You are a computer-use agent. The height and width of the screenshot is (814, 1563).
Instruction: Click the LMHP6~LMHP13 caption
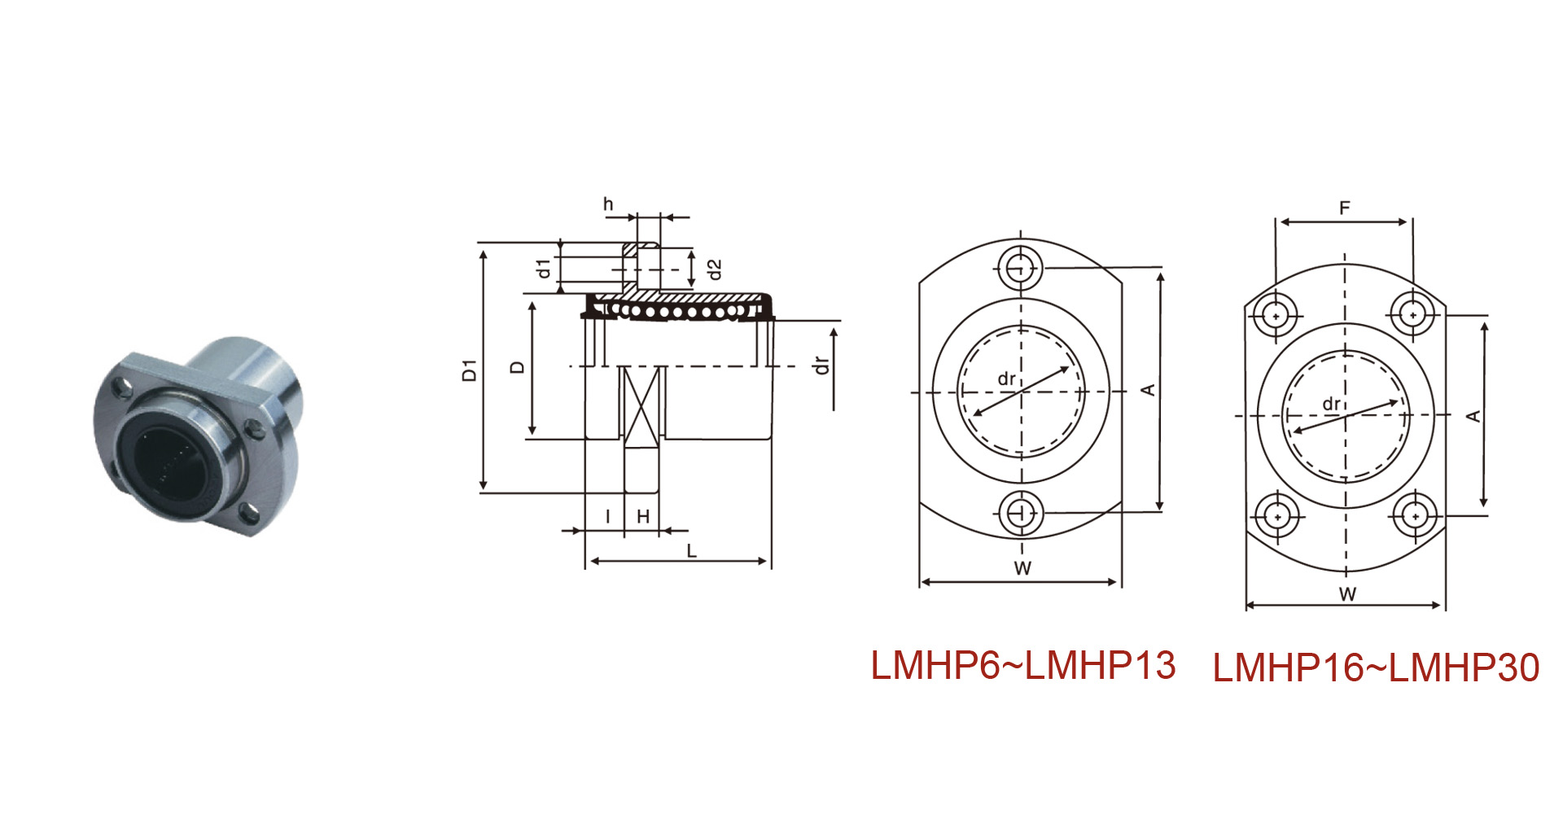point(1023,665)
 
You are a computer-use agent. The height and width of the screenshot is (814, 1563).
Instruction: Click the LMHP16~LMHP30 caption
point(1376,667)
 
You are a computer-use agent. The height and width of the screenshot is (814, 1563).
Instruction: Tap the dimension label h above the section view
point(608,203)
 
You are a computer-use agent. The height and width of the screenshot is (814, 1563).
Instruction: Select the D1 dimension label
point(469,370)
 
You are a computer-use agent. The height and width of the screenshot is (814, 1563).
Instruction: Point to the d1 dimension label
point(544,268)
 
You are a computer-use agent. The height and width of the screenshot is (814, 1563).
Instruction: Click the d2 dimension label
point(714,269)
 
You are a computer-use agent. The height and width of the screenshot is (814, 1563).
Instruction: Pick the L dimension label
point(691,551)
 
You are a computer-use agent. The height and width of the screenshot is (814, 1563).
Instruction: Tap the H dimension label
point(643,516)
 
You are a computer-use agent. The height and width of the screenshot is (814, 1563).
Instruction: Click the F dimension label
point(1345,208)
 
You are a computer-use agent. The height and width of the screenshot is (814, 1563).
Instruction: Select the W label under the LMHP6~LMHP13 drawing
point(1022,568)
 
